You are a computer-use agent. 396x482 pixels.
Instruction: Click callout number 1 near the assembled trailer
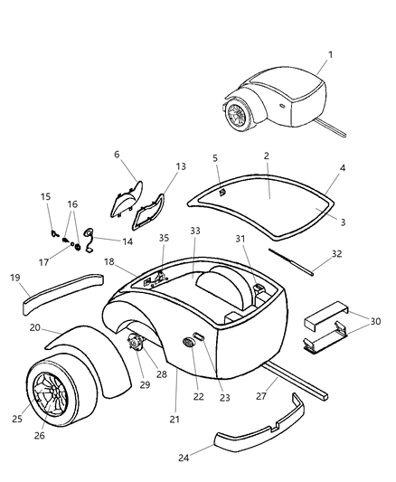pos(330,54)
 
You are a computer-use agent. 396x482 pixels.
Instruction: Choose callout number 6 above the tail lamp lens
pos(117,154)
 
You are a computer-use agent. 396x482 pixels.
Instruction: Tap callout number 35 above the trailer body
pos(164,263)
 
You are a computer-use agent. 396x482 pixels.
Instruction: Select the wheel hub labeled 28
pos(138,345)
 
